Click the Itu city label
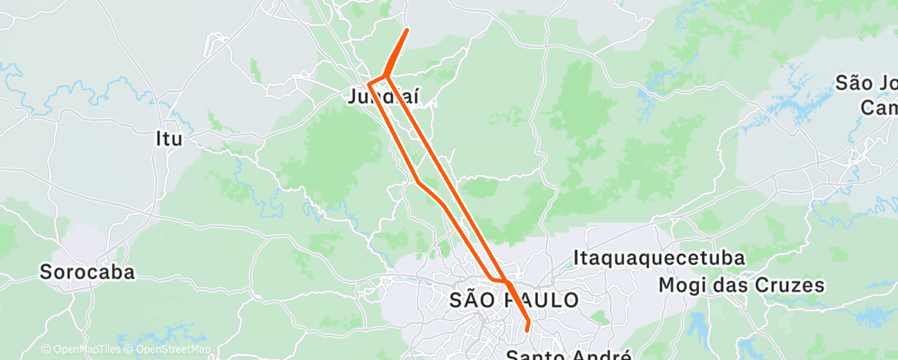point(168,139)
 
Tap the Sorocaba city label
point(87,272)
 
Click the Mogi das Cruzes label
point(742,286)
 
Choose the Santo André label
point(568,354)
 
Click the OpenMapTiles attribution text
point(85,350)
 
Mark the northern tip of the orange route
point(407,30)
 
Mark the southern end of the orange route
point(527,331)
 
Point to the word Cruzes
point(787,286)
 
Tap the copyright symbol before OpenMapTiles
point(46,350)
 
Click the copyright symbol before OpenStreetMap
point(130,350)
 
